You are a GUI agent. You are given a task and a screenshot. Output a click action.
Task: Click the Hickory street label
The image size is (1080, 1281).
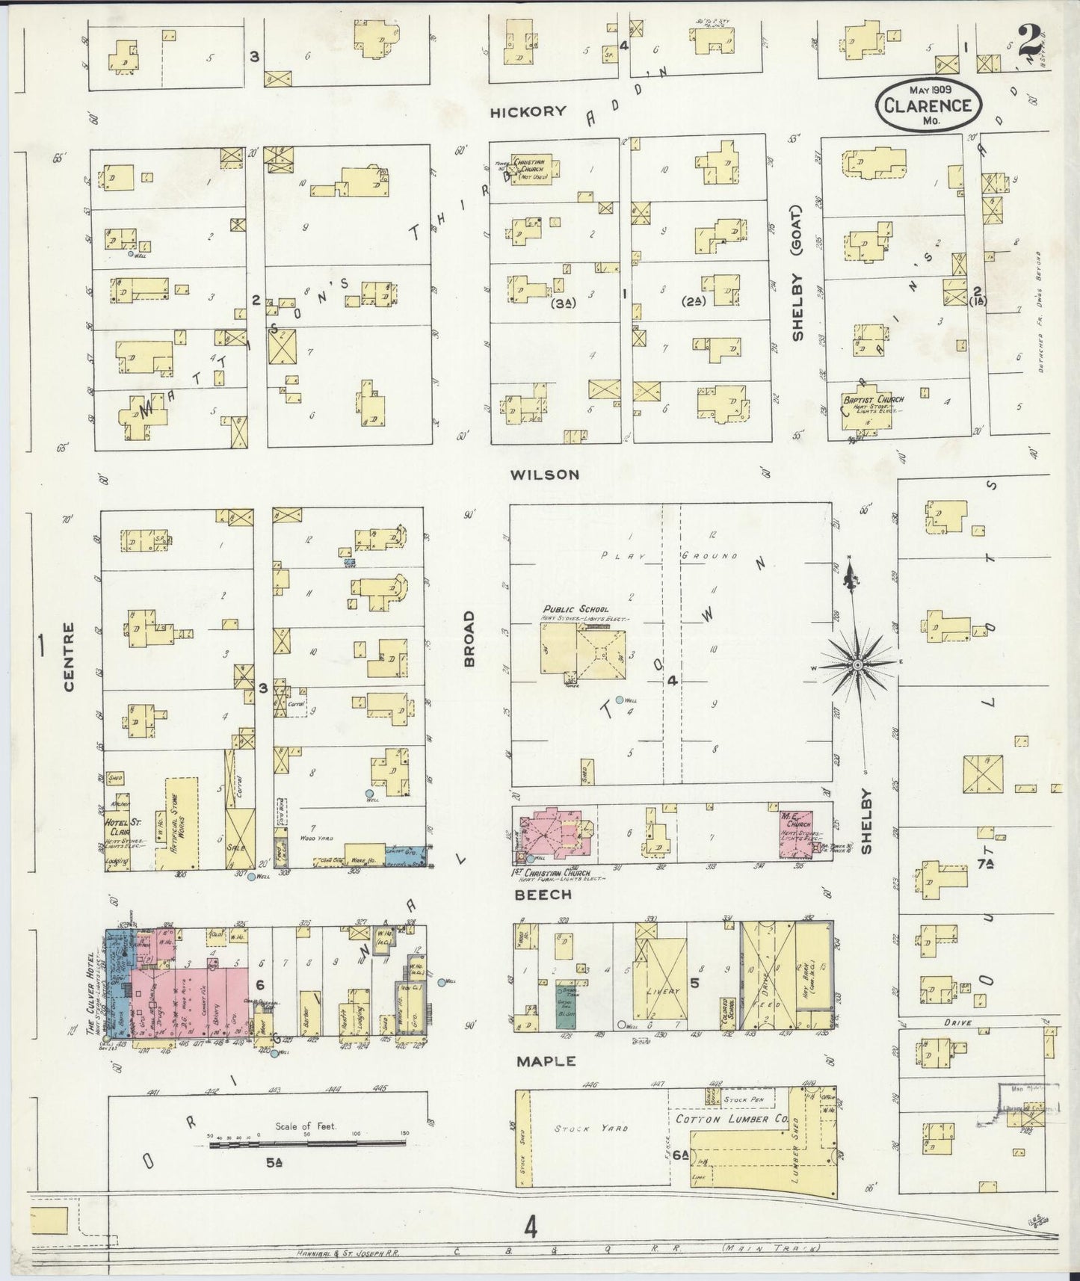[x=528, y=112]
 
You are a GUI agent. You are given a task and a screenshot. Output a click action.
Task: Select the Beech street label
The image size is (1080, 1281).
[x=543, y=894]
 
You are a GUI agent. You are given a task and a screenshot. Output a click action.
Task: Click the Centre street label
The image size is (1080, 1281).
[x=69, y=657]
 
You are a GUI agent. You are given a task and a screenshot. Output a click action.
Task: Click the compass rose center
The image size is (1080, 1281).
[x=858, y=664]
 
